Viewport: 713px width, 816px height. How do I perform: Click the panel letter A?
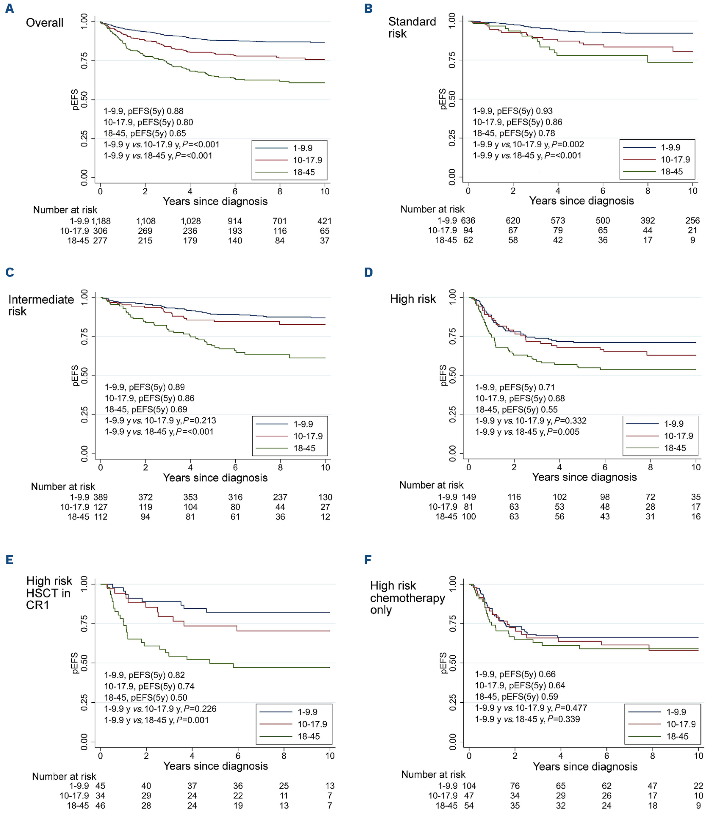[10, 9]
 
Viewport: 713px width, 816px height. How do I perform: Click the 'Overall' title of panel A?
[44, 23]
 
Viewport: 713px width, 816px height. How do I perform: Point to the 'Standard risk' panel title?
[412, 27]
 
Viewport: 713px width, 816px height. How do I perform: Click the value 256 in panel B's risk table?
[692, 220]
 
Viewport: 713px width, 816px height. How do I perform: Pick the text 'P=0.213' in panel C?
[199, 420]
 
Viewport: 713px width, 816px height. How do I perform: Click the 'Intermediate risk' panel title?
[41, 305]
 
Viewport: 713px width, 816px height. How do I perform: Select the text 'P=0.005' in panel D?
[563, 432]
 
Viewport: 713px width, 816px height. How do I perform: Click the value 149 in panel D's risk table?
[469, 497]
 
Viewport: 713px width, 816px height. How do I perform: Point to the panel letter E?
[10, 560]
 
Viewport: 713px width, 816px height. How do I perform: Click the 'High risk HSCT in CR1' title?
[49, 593]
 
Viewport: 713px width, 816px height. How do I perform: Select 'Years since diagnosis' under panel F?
[585, 766]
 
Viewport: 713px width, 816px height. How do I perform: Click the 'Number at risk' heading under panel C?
[63, 487]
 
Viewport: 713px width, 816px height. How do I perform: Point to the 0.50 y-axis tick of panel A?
[84, 99]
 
